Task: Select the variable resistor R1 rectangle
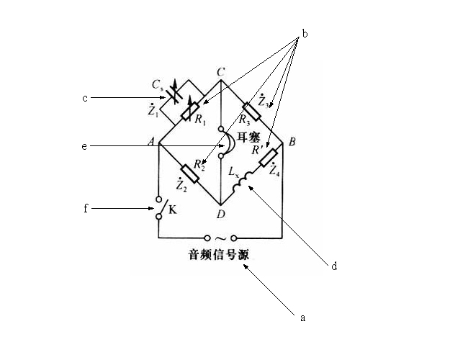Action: (191, 111)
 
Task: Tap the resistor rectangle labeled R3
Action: (251, 112)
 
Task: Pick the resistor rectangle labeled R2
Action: (190, 173)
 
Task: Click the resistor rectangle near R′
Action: (269, 157)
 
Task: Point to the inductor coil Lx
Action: (243, 181)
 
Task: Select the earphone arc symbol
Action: (230, 144)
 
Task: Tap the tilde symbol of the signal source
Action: (220, 238)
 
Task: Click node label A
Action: (152, 142)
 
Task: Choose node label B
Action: (292, 142)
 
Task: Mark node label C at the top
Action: (220, 72)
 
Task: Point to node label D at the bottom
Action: (220, 214)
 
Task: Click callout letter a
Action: (302, 318)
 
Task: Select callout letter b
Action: (305, 34)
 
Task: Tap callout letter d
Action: (334, 266)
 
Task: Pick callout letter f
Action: (86, 208)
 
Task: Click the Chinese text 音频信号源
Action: (218, 255)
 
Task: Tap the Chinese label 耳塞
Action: (248, 138)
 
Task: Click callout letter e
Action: (84, 146)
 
